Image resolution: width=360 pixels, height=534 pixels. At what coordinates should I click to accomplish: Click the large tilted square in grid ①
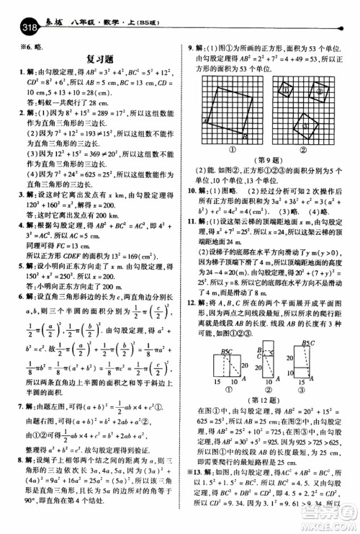[x=227, y=110]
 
